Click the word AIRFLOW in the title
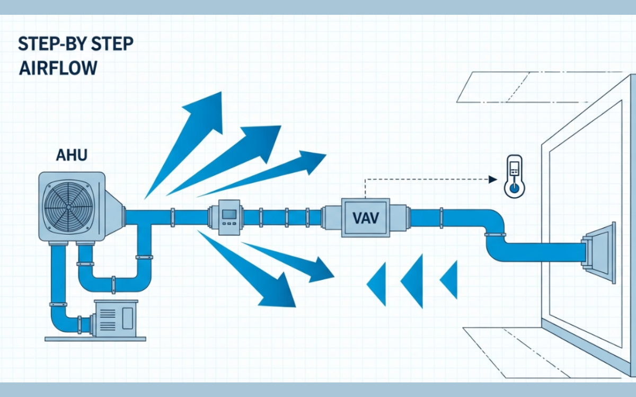[x=58, y=69]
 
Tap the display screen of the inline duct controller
[x=229, y=214]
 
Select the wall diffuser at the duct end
[x=600, y=252]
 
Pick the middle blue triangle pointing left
[x=413, y=279]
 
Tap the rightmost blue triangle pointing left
[x=449, y=279]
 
